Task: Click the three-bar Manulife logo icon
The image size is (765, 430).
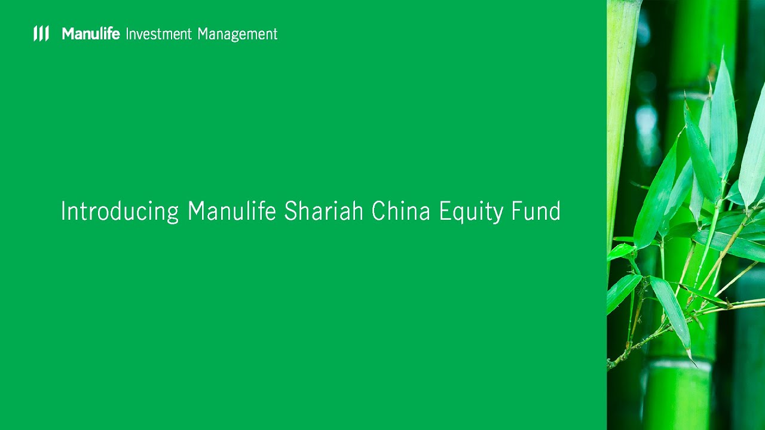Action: (x=41, y=33)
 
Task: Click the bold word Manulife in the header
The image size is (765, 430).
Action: (x=91, y=34)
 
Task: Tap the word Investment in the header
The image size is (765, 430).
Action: (x=158, y=34)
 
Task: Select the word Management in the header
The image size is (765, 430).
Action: (x=237, y=35)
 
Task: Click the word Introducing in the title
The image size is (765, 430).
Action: (x=120, y=211)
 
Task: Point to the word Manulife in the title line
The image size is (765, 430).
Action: (x=231, y=211)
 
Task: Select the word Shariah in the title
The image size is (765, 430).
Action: (x=323, y=211)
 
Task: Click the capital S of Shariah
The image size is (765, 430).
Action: (x=290, y=211)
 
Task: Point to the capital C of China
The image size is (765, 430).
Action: (x=378, y=211)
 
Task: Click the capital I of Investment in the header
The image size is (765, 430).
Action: (x=127, y=34)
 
